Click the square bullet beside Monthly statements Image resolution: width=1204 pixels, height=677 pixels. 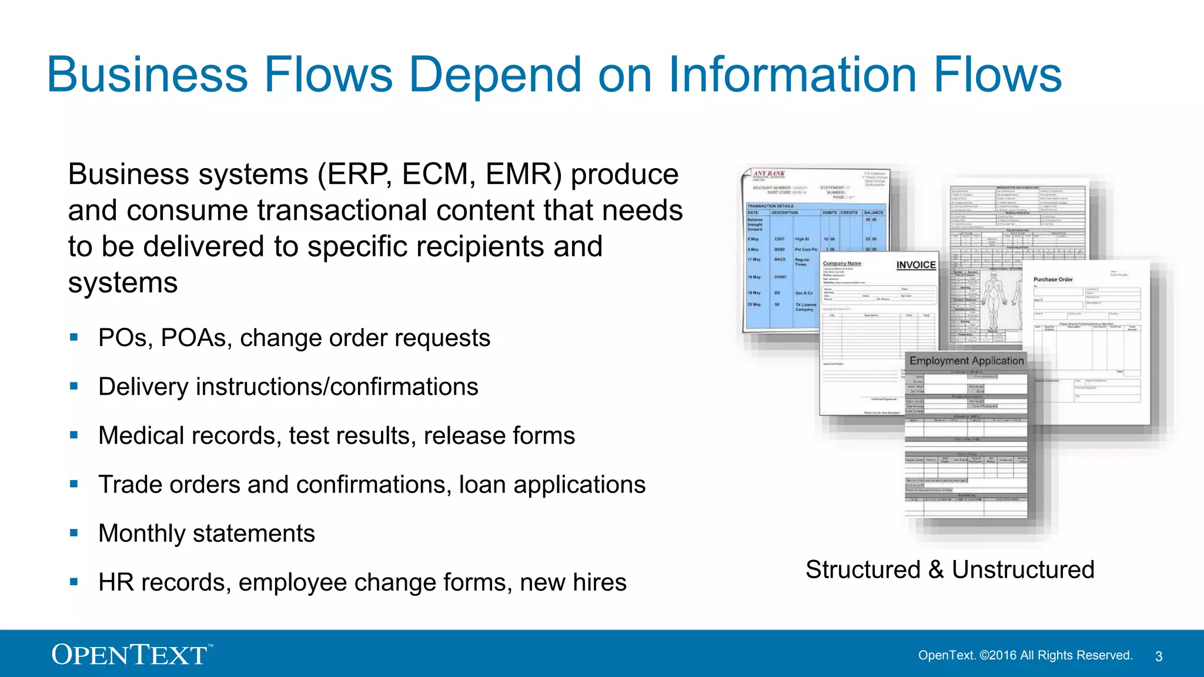74,533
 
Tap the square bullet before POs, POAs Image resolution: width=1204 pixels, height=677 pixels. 74,337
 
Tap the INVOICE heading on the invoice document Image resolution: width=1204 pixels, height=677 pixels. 915,265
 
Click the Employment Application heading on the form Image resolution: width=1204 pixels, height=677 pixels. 966,361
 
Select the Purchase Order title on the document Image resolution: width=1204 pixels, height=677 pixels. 1053,280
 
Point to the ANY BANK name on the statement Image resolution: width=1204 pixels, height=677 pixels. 769,174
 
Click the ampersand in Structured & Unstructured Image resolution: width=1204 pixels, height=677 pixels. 936,569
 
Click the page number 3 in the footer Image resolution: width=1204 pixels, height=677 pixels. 1159,656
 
